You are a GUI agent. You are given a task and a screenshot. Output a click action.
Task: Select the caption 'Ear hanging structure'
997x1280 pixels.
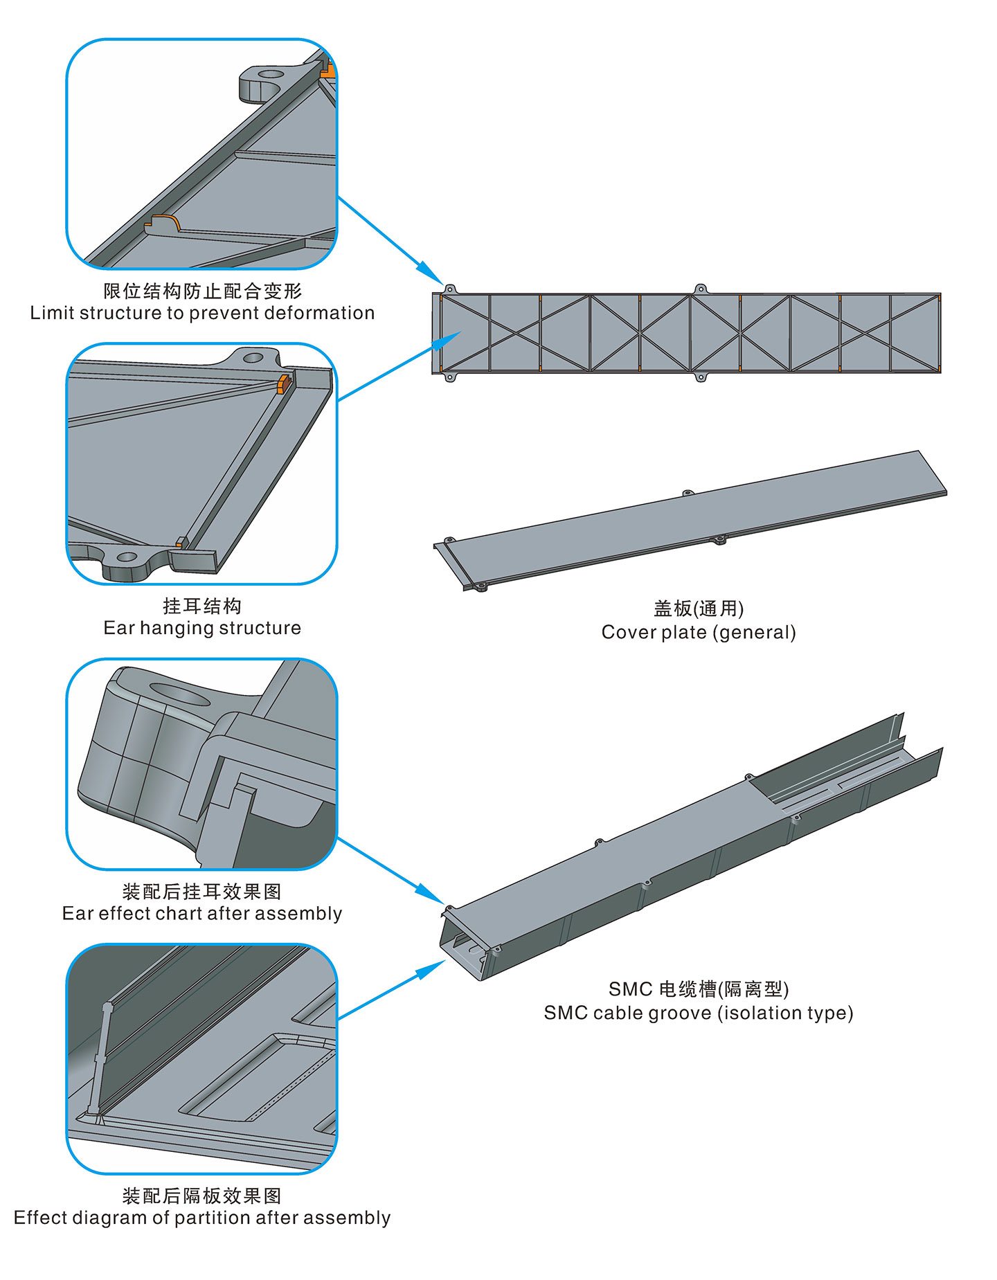202,628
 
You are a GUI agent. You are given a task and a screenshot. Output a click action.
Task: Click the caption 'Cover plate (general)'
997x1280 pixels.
699,632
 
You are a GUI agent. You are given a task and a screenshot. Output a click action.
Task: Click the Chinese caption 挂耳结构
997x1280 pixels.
202,606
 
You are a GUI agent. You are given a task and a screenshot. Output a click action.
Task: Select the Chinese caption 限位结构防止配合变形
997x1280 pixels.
202,291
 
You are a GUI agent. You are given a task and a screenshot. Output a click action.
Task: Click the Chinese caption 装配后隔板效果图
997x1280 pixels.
202,1196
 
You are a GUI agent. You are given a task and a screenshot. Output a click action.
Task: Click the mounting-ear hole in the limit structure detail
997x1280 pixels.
271,73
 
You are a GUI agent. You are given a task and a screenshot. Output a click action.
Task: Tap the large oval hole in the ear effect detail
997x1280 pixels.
180,694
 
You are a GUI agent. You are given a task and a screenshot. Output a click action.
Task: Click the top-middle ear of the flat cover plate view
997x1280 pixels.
700,289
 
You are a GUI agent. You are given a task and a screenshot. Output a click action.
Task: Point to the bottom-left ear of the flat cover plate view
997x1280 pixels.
450,378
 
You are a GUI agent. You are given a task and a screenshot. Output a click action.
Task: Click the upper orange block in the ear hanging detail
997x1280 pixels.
283,383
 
